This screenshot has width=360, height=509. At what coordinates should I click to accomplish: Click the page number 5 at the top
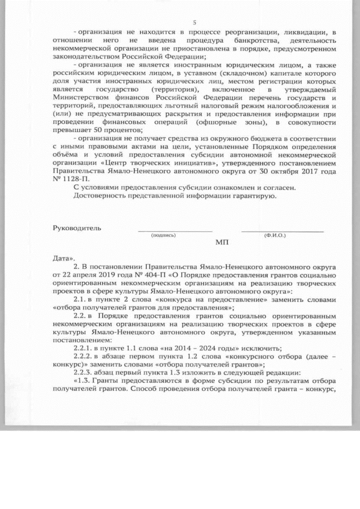click(194, 22)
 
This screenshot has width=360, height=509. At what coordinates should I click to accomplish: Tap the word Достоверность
click(101, 195)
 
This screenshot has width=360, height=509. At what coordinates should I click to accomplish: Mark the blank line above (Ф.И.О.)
click(282, 231)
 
